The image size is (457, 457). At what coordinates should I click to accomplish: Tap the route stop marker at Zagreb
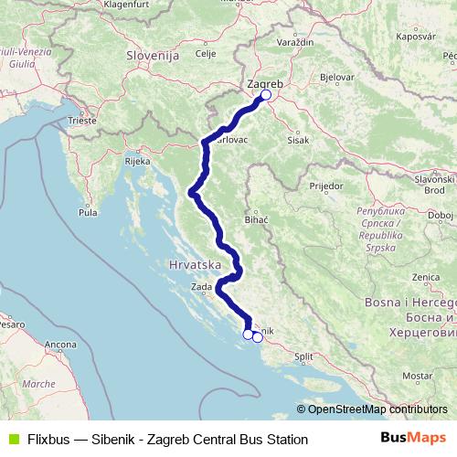click(x=267, y=94)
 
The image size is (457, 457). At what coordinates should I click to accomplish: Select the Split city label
click(x=303, y=357)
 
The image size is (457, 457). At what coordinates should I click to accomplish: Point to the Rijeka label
click(x=137, y=161)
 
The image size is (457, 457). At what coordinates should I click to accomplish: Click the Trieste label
click(x=81, y=120)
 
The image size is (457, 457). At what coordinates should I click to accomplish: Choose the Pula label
click(x=89, y=212)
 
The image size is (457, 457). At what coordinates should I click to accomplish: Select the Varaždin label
click(x=295, y=43)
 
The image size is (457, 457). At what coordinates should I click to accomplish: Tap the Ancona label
click(x=59, y=345)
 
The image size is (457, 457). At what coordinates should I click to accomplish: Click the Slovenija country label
click(x=151, y=56)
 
